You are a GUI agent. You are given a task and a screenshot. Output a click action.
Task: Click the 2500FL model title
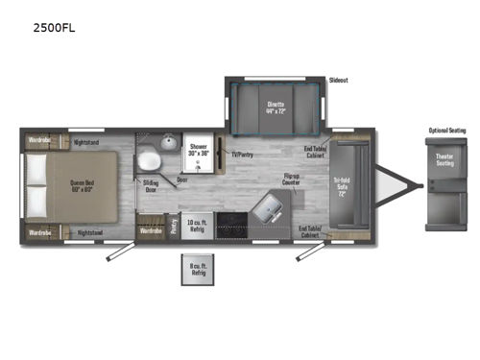[x=55, y=28]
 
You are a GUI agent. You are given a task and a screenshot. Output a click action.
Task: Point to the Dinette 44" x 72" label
[x=276, y=108]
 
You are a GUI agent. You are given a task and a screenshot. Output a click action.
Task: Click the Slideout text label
[x=338, y=81]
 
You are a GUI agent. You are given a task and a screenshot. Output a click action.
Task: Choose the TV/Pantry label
[x=241, y=154]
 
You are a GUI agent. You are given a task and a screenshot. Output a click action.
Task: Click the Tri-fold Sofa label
[x=342, y=184]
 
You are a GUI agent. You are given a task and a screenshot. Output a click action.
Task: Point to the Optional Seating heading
[x=446, y=131]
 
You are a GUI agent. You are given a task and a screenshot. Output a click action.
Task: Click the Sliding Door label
[x=151, y=184]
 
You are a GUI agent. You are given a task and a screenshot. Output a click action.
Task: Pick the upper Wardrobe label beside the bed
[x=39, y=142]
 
